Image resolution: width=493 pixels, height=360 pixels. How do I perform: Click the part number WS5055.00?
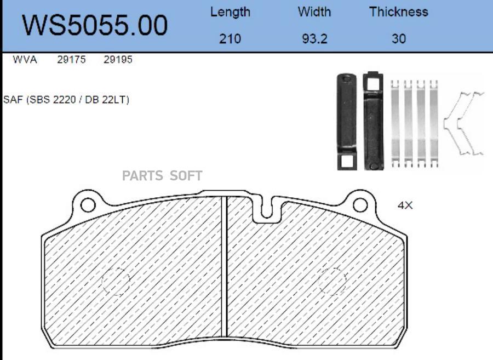point(95,25)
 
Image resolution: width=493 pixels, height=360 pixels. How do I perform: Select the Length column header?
point(230,12)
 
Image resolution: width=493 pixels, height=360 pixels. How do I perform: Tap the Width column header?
point(314,12)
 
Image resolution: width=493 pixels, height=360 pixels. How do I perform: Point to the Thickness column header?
point(399,12)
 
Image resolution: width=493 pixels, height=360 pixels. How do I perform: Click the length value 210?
point(230,39)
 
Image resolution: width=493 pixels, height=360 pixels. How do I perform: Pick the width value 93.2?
point(315,39)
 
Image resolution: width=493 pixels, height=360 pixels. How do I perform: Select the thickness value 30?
point(399,39)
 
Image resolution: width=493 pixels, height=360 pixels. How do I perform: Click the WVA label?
point(25,59)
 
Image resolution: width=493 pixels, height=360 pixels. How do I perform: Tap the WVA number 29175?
point(71,59)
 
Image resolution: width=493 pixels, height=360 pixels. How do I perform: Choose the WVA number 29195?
point(118,59)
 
